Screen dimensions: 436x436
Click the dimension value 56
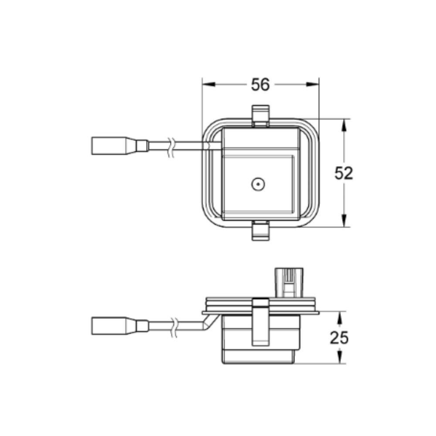pos(260,85)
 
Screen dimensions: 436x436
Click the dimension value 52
pos(344,174)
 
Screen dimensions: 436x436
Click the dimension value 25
pos(339,337)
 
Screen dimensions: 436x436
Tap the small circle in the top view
pos(258,185)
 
